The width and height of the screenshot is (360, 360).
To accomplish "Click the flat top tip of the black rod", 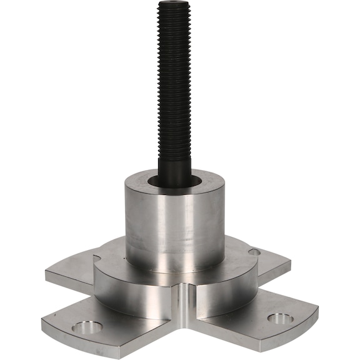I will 174,3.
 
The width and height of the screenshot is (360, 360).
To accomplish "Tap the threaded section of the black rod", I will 174,75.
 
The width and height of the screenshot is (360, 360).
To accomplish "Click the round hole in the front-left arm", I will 87,326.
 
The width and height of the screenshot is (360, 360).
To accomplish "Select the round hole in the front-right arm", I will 279,318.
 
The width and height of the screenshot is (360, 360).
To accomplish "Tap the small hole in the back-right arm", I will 254,252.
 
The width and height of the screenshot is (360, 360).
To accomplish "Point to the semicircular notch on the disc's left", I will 99,257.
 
